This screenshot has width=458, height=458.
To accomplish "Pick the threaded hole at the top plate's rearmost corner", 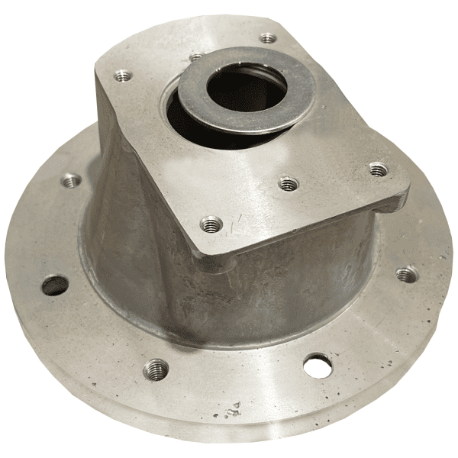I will coord(266,37).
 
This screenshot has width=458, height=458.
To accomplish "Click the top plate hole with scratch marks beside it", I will coord(211,224).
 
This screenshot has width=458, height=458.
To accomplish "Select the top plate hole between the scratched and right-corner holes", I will coord(287,184).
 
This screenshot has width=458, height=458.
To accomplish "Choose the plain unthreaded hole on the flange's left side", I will coord(54,285).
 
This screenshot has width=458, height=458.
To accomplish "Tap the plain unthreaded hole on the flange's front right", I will coord(316,365).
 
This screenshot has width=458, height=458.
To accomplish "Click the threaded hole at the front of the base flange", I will coord(156,369).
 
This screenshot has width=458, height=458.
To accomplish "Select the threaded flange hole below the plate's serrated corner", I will coord(407,273).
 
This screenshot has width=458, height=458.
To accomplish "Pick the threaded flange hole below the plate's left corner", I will coord(71,181).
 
